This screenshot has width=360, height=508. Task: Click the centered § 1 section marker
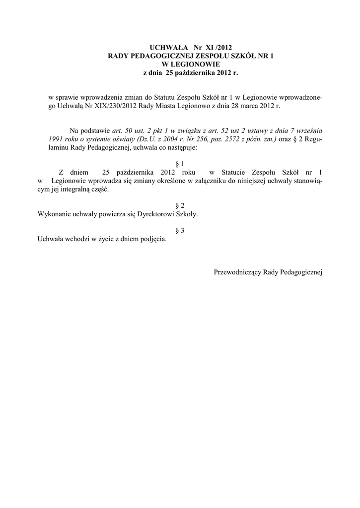coord(180,163)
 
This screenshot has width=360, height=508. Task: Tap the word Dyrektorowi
coord(150,214)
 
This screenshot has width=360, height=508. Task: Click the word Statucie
coord(233,172)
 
